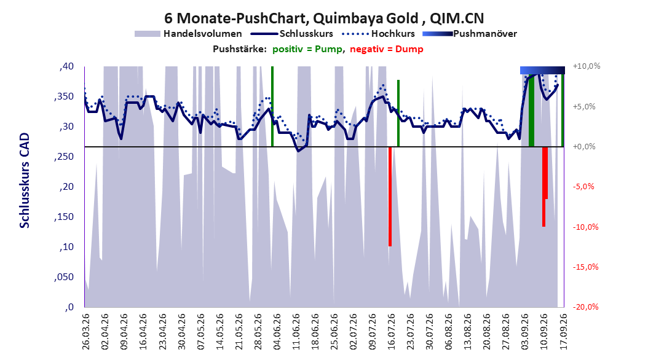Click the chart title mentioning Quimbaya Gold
(x=324, y=18)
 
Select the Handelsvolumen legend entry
(x=189, y=34)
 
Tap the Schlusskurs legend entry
(x=292, y=34)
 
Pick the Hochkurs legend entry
(x=379, y=34)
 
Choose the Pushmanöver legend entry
(x=470, y=34)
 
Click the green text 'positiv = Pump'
(x=307, y=49)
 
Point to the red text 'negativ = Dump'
(x=387, y=49)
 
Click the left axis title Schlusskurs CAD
(x=25, y=181)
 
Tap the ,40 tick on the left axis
(x=66, y=66)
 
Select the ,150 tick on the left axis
(x=64, y=217)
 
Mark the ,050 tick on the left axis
(x=64, y=277)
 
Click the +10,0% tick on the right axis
(x=587, y=66)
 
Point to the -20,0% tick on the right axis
(x=585, y=307)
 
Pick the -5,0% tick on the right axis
(x=583, y=187)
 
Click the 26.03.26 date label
(x=85, y=332)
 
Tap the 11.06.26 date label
(x=296, y=332)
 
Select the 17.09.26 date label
(x=564, y=332)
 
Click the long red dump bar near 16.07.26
(x=390, y=197)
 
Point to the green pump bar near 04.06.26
(x=272, y=106)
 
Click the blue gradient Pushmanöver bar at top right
(x=542, y=70)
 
